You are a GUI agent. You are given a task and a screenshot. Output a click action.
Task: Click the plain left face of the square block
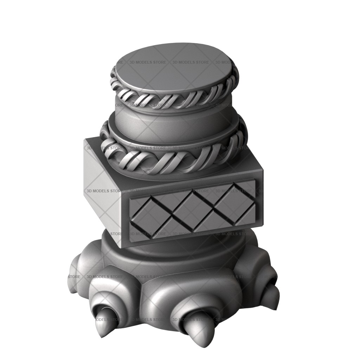(x=103, y=191)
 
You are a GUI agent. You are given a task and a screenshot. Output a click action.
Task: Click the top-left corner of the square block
(x=85, y=139)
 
